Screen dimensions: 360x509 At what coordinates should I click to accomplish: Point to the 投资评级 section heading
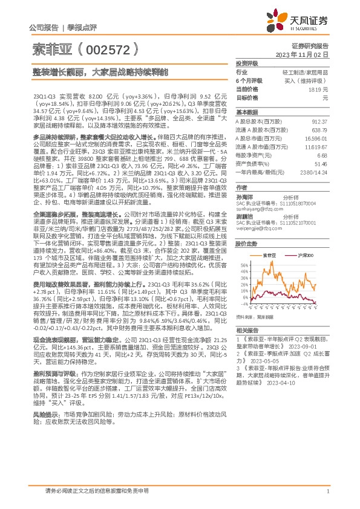click(246, 63)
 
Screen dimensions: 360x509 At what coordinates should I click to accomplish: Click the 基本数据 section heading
click(246, 112)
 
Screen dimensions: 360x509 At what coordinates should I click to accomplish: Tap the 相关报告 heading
click(246, 330)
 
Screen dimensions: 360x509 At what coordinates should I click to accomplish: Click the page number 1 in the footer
click(327, 491)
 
